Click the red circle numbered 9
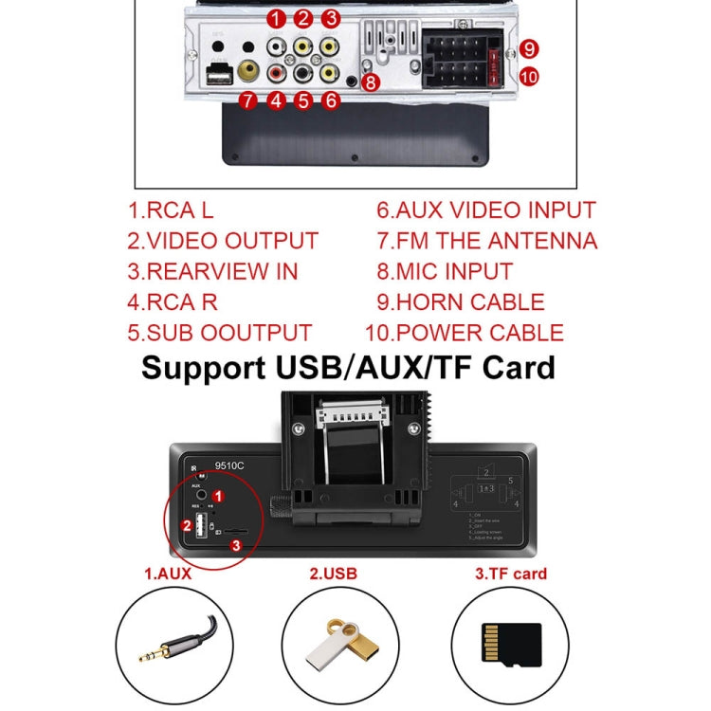[529, 48]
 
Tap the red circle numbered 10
[529, 76]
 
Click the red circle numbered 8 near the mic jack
[371, 82]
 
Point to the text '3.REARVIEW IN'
[212, 271]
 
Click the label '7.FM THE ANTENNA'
[486, 241]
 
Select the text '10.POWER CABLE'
[465, 333]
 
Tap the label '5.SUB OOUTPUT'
[219, 333]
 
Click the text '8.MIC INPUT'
[445, 271]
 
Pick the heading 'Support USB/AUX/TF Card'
[348, 367]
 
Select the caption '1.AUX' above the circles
[169, 574]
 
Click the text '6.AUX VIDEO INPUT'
[486, 210]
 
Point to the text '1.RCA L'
[172, 210]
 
